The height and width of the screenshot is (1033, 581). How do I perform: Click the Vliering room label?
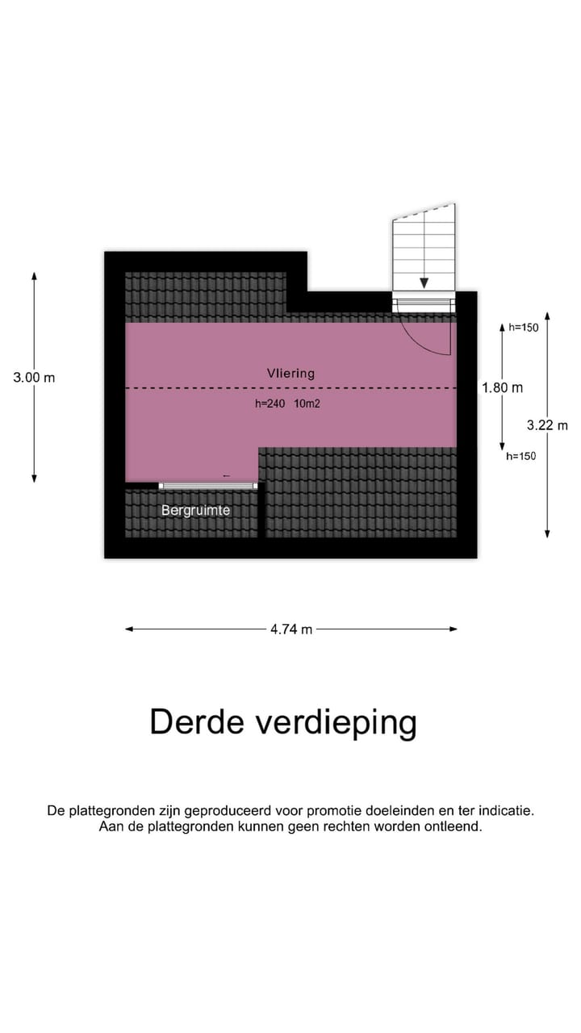[x=290, y=373]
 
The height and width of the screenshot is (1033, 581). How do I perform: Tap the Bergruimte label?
[x=195, y=510]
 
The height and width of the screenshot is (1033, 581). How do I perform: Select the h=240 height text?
[x=270, y=404]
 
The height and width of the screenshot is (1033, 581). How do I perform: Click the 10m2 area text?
[x=307, y=404]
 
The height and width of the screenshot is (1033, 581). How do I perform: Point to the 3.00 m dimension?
[x=34, y=377]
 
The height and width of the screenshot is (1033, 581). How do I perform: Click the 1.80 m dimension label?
[x=502, y=388]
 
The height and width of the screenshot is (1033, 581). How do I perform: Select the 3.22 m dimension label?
[x=547, y=425]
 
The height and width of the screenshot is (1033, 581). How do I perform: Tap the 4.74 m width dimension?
[x=291, y=629]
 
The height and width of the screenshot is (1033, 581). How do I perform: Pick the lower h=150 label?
[x=521, y=456]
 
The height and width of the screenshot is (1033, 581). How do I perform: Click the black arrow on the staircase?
[x=424, y=282]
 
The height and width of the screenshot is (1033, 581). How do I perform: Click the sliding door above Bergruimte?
[x=208, y=486]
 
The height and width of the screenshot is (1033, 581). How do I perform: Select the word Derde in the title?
[x=197, y=722]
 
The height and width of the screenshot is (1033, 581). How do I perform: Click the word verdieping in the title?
[x=336, y=724]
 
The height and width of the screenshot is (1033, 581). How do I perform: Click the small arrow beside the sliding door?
[x=226, y=477]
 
